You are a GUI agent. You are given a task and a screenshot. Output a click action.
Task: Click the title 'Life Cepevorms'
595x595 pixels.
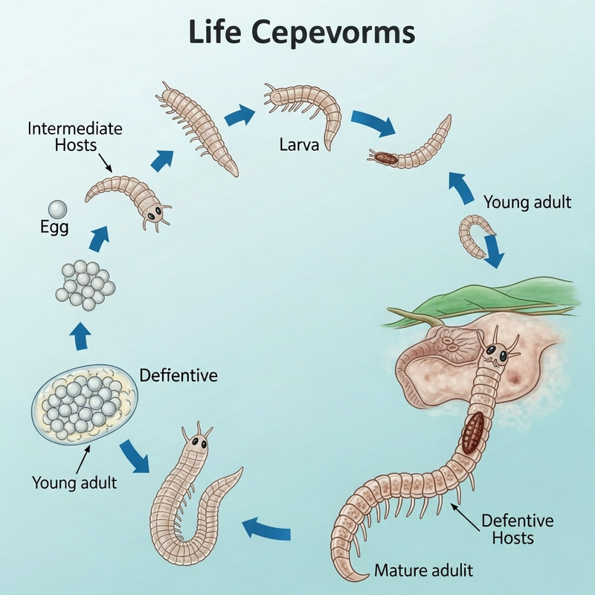297,34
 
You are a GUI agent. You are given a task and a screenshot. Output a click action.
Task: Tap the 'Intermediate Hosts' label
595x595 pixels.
74,136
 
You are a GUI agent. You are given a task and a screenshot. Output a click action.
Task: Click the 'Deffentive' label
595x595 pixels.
178,375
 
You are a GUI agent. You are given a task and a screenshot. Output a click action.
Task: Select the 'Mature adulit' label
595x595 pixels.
424,571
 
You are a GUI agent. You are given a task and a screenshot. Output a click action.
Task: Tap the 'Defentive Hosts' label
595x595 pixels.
508,528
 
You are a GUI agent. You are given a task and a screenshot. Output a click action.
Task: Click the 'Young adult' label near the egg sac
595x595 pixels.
74,482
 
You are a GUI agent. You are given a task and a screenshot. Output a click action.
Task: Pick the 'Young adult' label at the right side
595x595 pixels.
527,202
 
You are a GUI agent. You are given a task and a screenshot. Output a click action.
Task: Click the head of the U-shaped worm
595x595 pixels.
198,443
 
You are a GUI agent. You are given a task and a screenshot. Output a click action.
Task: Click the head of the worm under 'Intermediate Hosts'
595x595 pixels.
152,212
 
